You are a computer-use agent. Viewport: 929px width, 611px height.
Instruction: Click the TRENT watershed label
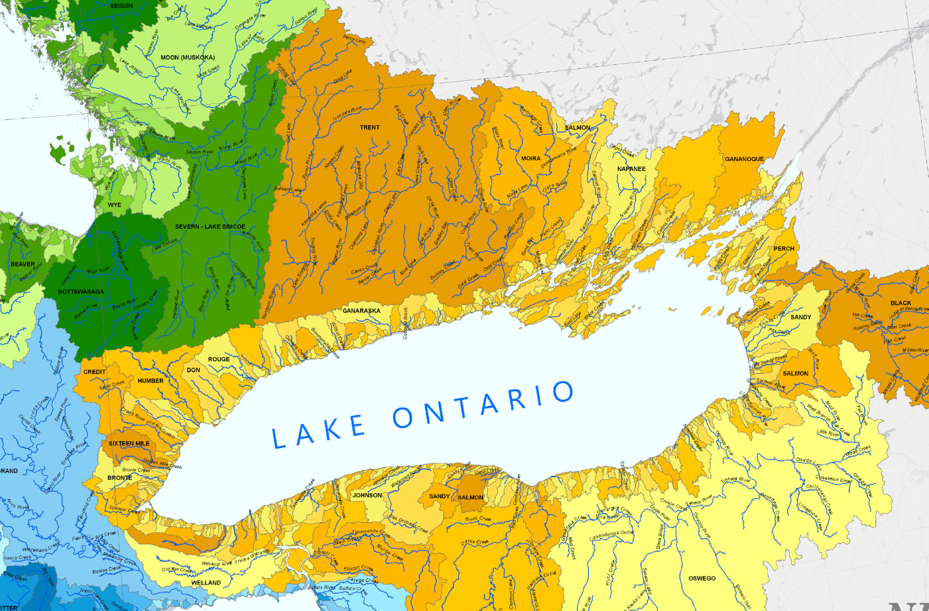click(x=370, y=127)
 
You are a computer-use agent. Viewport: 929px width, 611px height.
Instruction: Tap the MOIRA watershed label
click(x=530, y=158)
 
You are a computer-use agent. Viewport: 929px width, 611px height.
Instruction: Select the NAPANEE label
click(x=631, y=169)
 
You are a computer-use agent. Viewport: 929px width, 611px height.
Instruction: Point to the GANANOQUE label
click(x=744, y=159)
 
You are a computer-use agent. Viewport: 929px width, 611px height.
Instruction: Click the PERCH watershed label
click(x=784, y=249)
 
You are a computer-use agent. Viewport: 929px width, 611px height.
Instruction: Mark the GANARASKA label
click(x=361, y=310)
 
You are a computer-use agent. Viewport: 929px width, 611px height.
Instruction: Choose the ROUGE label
click(x=219, y=359)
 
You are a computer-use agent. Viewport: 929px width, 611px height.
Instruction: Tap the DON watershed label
click(x=193, y=370)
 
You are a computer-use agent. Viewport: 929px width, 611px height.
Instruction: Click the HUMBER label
click(x=151, y=381)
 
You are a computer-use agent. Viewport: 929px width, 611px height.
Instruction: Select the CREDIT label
click(x=94, y=372)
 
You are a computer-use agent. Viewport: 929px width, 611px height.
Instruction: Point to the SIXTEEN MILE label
click(x=129, y=443)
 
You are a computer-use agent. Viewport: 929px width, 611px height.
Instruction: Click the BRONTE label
click(x=119, y=477)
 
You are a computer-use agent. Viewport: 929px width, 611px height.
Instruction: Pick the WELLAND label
click(x=206, y=583)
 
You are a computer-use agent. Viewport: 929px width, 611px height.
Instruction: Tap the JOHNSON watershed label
click(x=367, y=495)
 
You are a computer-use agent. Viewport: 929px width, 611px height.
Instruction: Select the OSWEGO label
click(x=702, y=579)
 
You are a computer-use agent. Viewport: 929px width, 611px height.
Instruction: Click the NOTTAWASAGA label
click(x=81, y=292)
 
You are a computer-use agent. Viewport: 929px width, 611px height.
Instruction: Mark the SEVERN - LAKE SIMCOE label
click(x=210, y=227)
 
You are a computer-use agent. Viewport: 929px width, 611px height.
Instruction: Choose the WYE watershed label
click(x=115, y=205)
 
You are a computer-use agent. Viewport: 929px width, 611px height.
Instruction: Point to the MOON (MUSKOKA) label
click(x=188, y=58)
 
